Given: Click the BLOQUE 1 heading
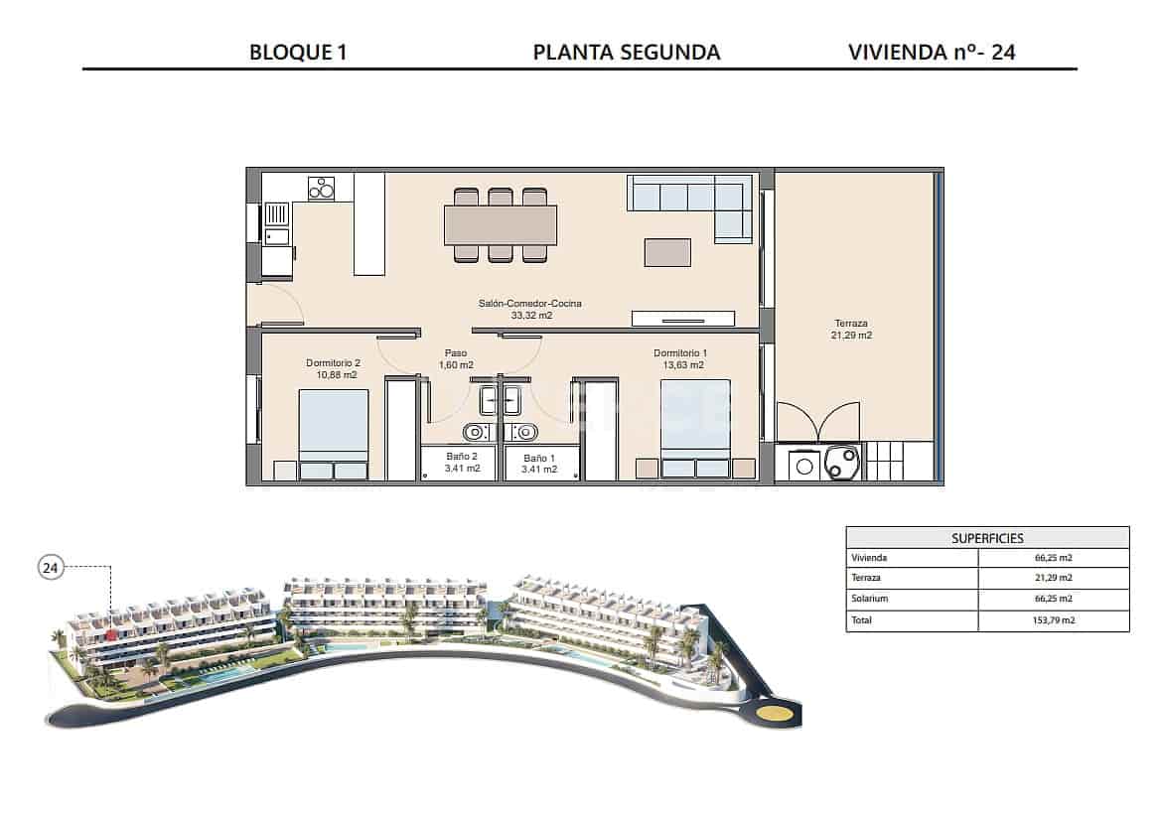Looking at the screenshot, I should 298,53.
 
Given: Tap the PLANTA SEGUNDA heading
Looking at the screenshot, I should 627,53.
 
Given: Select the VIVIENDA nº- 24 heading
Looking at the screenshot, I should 932,53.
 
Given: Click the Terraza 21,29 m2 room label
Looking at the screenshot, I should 851,330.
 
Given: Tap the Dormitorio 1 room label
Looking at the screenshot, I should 680,359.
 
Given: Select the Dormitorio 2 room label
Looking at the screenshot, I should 333,369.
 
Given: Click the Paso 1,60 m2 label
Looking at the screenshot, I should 456,358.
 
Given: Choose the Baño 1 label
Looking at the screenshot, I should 539,463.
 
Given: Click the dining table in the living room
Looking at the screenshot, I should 500,224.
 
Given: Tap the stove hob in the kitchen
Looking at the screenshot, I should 321,187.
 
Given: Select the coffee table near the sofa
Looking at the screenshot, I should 667,252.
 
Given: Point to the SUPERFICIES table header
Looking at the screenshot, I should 987,537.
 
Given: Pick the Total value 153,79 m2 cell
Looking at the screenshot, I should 1054,620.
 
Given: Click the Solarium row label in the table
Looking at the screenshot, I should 869,600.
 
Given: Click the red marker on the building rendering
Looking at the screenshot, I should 112,630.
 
